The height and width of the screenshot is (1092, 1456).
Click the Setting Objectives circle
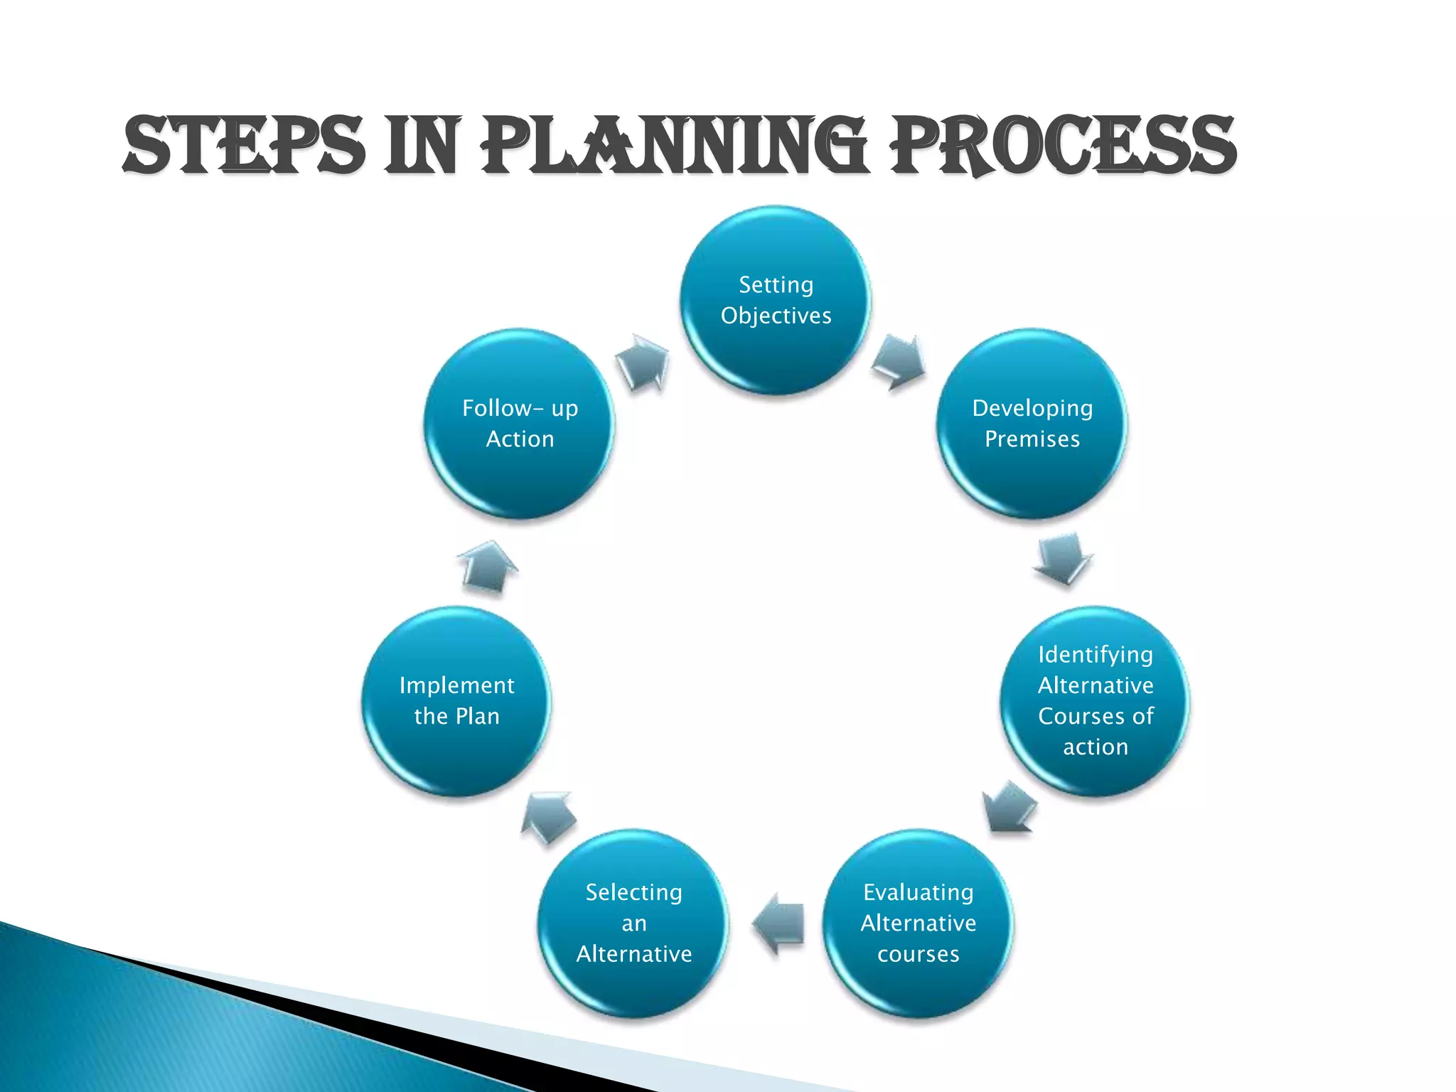click(776, 300)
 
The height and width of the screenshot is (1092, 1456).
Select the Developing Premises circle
click(1032, 424)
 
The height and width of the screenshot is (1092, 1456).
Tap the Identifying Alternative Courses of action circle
click(1095, 700)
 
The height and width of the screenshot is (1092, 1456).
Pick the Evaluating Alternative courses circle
click(918, 923)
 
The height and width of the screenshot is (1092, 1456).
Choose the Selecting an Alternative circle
click(633, 923)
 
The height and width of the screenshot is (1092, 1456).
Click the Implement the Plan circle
click(456, 700)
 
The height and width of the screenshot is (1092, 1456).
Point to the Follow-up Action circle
click(520, 424)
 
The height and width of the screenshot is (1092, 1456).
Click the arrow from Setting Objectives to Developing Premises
click(899, 361)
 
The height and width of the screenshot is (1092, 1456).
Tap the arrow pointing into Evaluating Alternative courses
click(1009, 808)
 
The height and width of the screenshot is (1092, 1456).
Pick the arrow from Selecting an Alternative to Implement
click(548, 818)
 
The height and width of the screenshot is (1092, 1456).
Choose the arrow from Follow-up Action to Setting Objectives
click(643, 362)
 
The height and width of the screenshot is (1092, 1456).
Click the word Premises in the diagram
click(1032, 439)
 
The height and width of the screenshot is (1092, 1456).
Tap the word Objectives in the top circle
click(776, 316)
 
